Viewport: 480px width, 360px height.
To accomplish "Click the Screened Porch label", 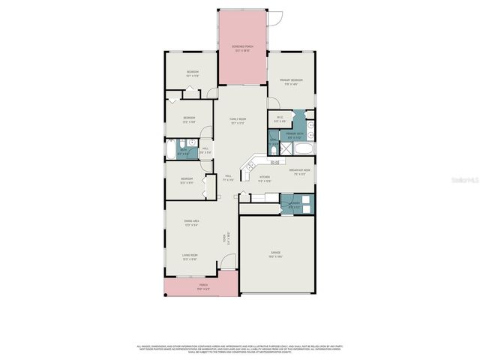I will pos(243,49).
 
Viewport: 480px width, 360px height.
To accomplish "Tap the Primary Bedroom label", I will pos(291,81).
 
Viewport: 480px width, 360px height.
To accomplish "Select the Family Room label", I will pos(238,120).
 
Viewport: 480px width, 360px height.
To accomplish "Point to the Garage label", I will pos(276,254).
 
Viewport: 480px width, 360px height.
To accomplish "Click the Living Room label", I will pos(189,257).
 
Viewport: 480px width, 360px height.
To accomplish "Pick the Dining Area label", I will pos(191,222).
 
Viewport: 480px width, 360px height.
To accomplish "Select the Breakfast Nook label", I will pos(300,172).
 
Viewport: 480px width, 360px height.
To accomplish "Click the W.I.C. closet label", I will pos(280,118).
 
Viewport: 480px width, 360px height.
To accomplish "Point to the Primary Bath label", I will pos(295,136).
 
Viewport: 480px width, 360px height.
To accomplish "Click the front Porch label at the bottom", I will pos(202,286).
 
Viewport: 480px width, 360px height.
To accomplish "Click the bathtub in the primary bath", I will pos(301,149).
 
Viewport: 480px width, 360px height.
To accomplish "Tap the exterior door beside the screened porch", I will pos(276,17).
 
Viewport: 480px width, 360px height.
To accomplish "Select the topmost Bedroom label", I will pos(193,73).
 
